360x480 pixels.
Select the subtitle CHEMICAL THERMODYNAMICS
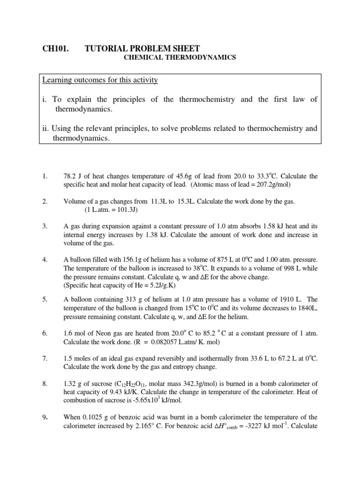click(x=180, y=58)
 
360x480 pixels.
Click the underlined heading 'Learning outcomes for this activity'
click(x=100, y=80)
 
